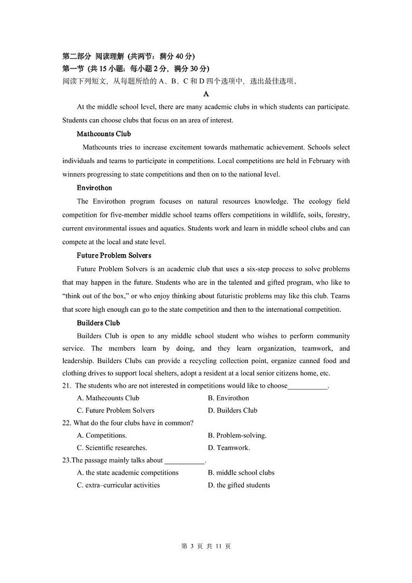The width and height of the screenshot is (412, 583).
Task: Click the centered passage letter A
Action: (206, 94)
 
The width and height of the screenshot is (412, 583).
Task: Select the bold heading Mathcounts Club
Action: (104, 134)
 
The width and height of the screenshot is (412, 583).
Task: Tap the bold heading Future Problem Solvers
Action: (114, 255)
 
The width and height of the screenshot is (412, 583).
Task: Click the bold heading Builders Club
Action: (98, 323)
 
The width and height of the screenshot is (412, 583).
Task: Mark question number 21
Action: (66, 386)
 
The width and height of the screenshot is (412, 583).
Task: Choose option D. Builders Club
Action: (232, 410)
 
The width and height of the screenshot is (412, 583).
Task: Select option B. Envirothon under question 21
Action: (228, 398)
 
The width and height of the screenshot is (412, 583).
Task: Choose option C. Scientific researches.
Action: (112, 448)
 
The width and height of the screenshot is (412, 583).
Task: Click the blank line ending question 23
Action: (185, 461)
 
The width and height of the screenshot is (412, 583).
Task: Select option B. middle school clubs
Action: (241, 473)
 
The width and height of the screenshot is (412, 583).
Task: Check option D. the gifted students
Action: (239, 485)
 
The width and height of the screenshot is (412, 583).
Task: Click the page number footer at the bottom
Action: (205, 547)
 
